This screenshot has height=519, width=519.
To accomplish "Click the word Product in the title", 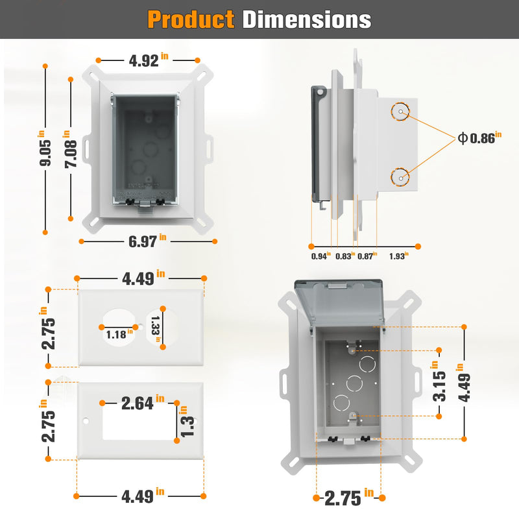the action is [x=191, y=19].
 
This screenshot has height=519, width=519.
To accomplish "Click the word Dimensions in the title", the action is [x=306, y=19].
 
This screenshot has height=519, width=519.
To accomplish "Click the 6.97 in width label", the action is [x=147, y=241].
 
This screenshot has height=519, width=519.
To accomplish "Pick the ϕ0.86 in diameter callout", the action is [x=479, y=138].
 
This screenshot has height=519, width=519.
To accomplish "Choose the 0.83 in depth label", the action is [x=345, y=256].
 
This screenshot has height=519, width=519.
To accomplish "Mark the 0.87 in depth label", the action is [x=367, y=256].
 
